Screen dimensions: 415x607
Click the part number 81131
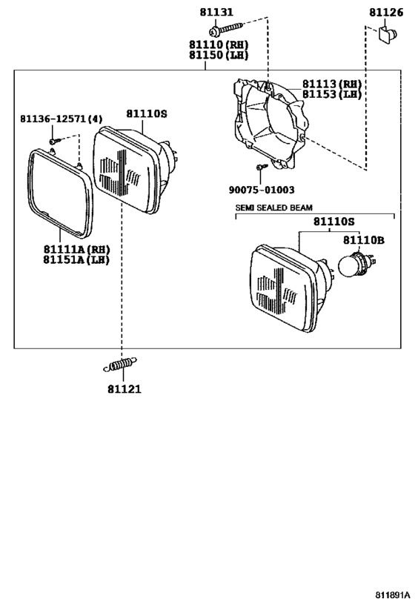[216, 12]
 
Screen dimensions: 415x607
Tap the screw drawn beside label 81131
[226, 29]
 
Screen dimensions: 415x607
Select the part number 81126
[386, 13]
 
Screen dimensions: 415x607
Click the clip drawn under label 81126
[388, 35]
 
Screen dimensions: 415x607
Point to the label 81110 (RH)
[219, 44]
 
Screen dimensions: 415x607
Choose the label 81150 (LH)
[219, 55]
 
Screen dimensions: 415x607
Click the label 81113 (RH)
[332, 84]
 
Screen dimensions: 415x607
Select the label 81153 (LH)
[332, 94]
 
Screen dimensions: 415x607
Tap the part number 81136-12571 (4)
[62, 119]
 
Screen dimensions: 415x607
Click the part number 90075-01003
[262, 190]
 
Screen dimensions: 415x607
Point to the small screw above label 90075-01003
[262, 167]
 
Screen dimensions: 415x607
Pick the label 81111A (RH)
[76, 249]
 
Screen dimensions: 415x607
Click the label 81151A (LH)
[76, 259]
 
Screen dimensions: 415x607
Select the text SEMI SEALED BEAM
[274, 208]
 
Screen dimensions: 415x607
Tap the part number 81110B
[364, 240]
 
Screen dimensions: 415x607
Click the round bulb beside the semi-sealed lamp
[356, 264]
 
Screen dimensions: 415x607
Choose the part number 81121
[124, 389]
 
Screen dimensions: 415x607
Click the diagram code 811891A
[392, 594]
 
